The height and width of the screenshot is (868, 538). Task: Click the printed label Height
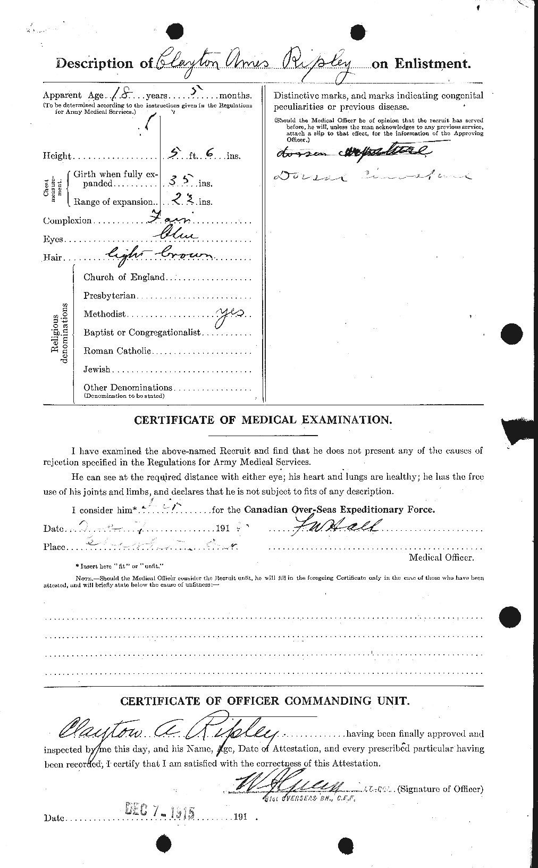[57, 156]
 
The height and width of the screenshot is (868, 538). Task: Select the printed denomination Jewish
[97, 369]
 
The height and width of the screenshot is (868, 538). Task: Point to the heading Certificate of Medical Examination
[263, 420]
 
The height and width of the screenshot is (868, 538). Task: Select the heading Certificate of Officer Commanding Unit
[265, 701]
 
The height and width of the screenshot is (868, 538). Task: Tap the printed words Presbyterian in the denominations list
[110, 295]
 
